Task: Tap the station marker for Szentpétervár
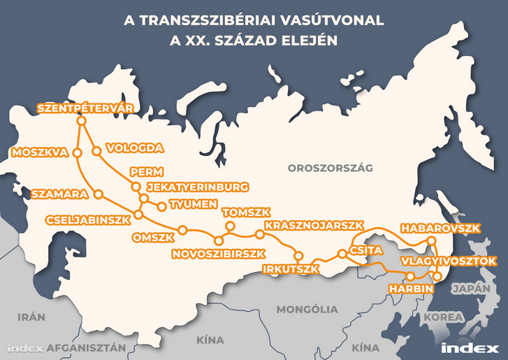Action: (81, 121)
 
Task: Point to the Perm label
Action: (146, 172)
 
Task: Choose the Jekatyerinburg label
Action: (197, 187)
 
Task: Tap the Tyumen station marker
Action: (163, 206)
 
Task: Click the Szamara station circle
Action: (98, 193)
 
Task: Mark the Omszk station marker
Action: (182, 229)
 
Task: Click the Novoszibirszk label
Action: (219, 253)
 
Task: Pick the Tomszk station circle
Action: (228, 225)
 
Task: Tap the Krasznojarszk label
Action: (315, 225)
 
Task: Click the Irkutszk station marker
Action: (298, 254)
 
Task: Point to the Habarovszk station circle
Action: (431, 241)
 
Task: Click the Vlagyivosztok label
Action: (449, 261)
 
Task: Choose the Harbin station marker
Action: (410, 276)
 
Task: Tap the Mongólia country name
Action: (307, 309)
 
